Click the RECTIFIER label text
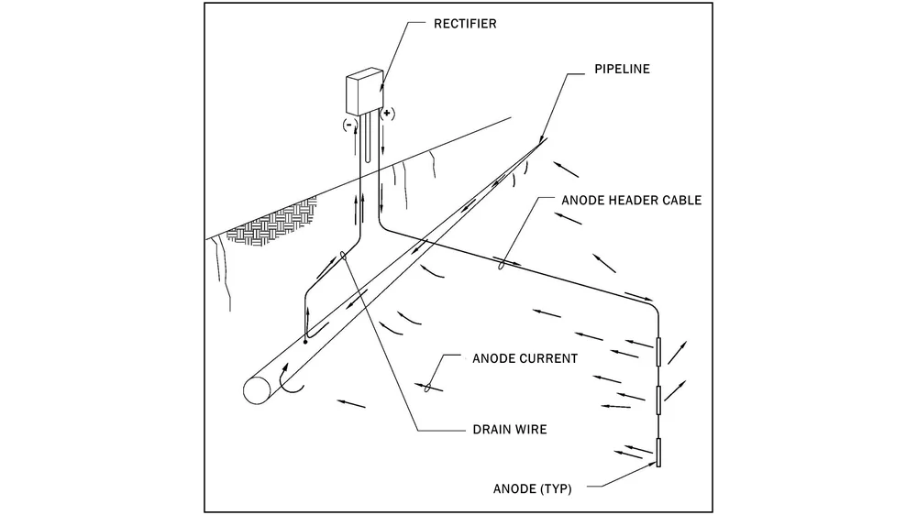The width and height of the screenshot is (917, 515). coord(465,24)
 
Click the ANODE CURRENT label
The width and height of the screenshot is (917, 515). coord(525,358)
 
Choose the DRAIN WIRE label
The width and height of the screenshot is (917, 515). coord(509,429)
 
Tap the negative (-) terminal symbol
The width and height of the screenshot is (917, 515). coord(348,122)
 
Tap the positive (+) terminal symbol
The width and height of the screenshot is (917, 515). coord(387,115)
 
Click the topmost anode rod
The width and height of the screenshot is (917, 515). coord(658,353)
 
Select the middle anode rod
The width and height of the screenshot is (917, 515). coord(658,400)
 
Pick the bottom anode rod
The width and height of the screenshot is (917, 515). coord(658,454)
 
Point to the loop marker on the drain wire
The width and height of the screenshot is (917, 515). coord(343,257)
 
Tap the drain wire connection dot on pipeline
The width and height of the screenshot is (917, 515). coord(305,342)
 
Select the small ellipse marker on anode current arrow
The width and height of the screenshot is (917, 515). coord(427,389)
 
